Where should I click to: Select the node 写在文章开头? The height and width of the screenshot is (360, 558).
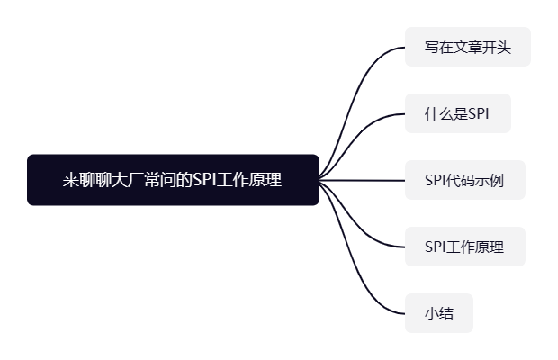pos(467,47)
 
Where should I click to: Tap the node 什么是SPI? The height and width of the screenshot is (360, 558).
pos(457,113)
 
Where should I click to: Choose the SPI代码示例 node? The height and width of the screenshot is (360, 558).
pos(464,180)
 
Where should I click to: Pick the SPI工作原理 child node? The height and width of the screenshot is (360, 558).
pos(464,247)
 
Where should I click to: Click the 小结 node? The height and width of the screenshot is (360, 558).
pos(439,313)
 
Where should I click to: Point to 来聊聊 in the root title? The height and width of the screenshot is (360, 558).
pos(88,180)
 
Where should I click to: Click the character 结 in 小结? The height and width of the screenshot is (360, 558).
pos(446,313)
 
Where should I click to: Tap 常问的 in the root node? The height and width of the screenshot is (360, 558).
pos(168,180)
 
